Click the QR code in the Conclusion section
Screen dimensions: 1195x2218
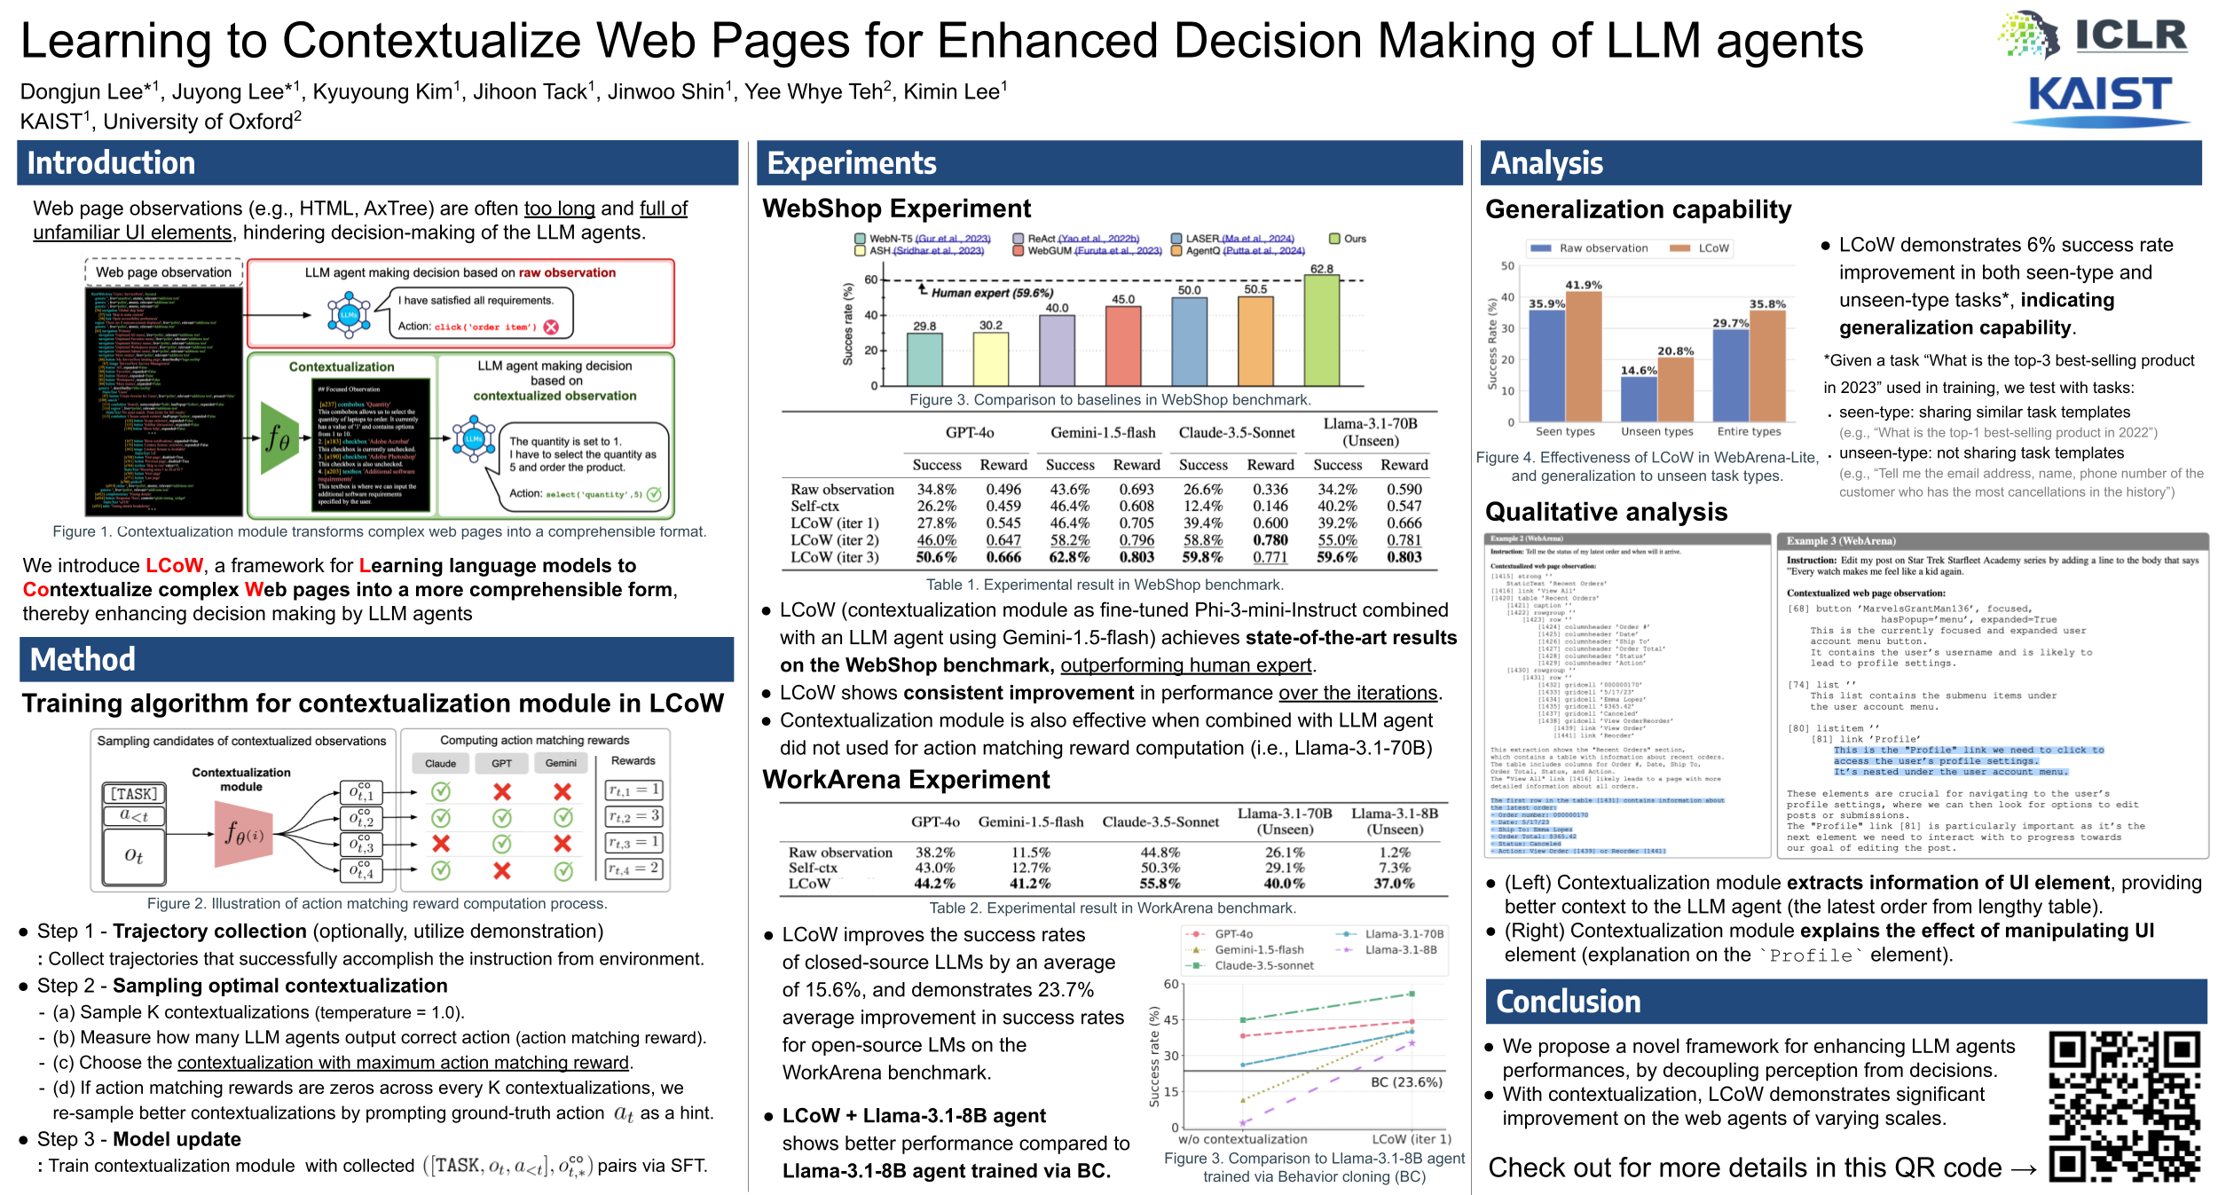coord(2123,1105)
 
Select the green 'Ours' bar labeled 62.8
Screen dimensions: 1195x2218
coord(1321,330)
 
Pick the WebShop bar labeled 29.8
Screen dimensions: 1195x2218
coord(924,359)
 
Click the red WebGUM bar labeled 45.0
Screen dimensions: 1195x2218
coord(1123,346)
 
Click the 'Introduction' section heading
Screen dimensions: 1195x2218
coord(111,163)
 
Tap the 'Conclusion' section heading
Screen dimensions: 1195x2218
coord(1568,1002)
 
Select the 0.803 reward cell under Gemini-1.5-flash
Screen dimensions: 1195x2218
coord(1137,557)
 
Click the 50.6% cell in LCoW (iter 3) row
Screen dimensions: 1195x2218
coord(936,557)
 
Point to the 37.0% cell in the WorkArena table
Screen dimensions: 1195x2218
coord(1394,884)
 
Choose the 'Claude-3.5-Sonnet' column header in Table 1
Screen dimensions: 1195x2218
coord(1236,433)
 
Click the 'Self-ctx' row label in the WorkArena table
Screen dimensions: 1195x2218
coord(813,868)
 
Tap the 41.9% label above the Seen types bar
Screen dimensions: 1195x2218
coord(1584,285)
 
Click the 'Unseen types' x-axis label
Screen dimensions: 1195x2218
coord(1656,432)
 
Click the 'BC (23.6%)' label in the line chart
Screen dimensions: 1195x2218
coord(1406,1082)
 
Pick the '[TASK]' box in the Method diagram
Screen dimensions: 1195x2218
coord(134,793)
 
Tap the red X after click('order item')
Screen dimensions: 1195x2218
coord(551,326)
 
